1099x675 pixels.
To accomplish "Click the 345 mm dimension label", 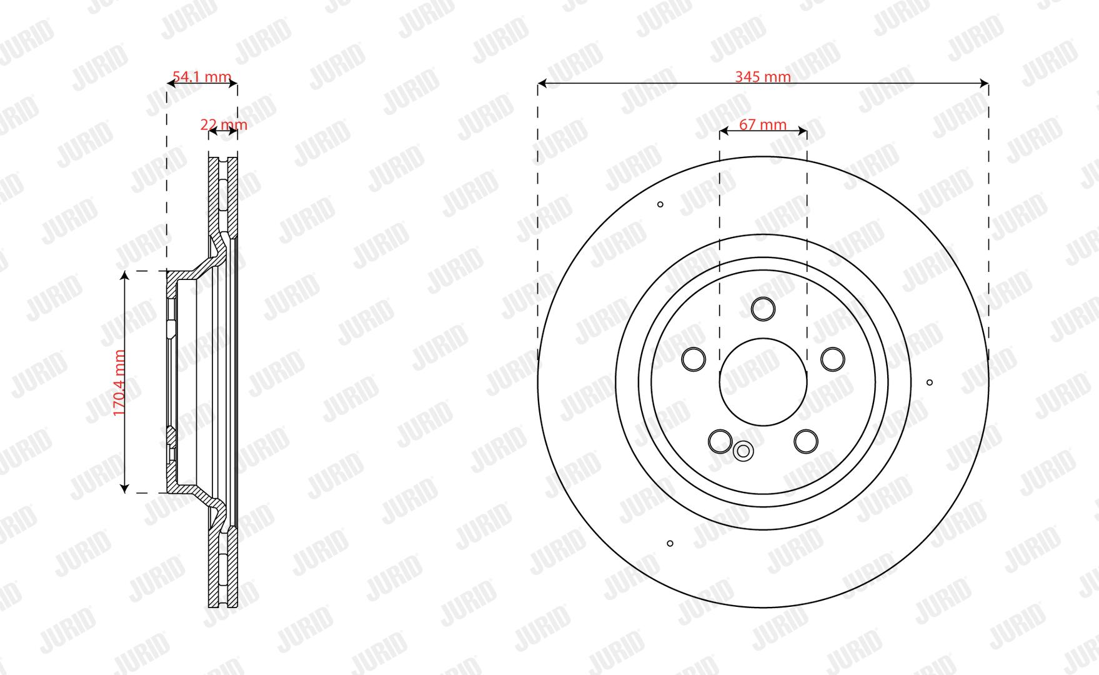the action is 762,77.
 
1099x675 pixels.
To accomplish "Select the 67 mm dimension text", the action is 762,125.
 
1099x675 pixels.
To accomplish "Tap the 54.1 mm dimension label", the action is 202,77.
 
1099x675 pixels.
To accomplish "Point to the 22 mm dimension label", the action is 224,125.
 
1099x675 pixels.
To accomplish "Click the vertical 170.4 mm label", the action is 120,382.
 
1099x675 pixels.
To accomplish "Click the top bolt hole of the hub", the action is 763,309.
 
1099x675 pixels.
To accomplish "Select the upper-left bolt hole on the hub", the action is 694,359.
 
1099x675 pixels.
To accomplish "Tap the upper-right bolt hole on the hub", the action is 832,359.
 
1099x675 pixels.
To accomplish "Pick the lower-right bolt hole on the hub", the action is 806,441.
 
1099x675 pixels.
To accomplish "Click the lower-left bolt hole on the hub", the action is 720,441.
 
